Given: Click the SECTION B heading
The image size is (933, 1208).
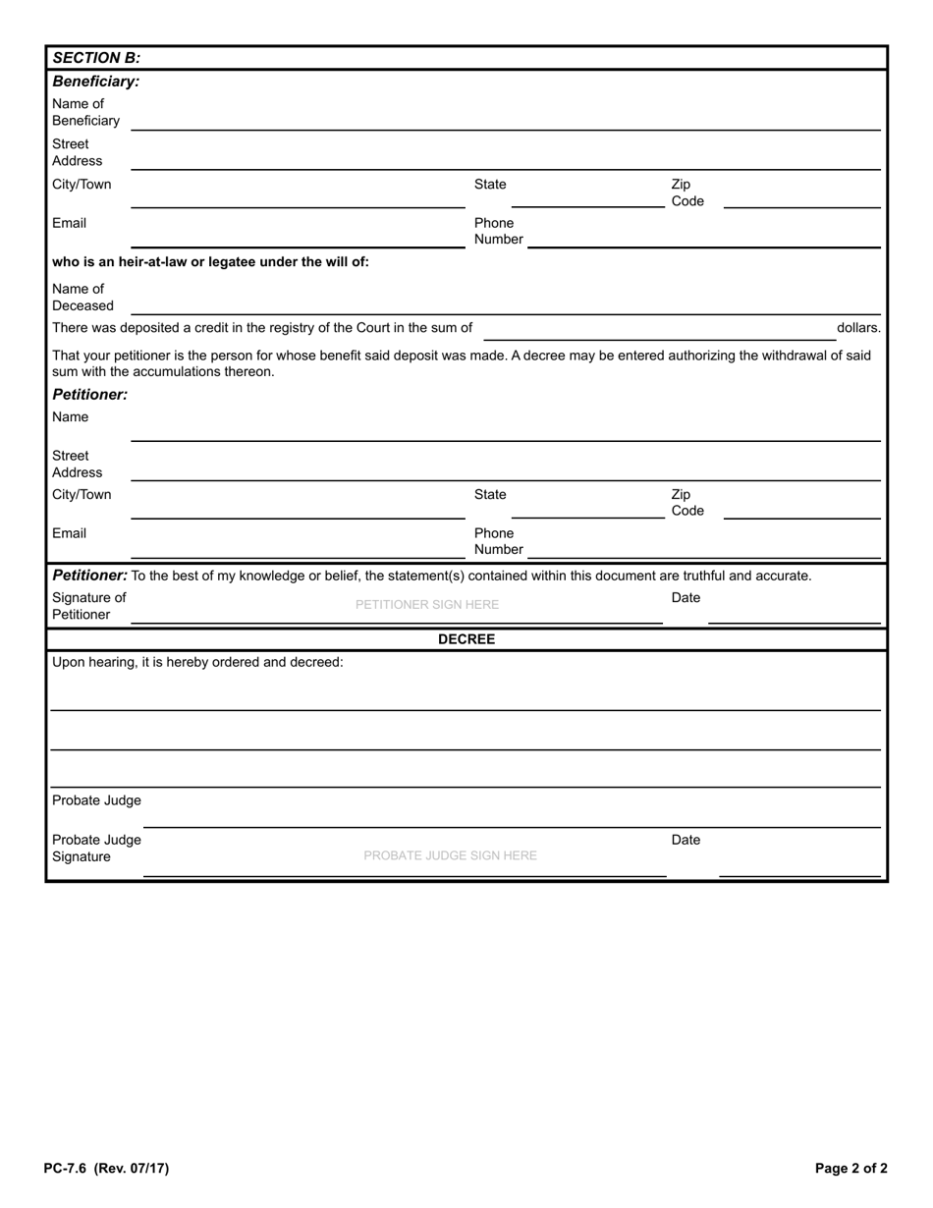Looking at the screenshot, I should (96, 58).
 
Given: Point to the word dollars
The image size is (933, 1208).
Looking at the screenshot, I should (858, 328).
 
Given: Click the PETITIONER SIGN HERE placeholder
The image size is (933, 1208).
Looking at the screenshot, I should (427, 605).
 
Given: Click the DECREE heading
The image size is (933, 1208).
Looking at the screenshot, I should (466, 639).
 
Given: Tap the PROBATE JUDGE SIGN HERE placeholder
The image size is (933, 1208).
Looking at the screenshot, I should (450, 855).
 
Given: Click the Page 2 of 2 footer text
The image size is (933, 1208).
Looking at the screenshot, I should (851, 1169).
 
